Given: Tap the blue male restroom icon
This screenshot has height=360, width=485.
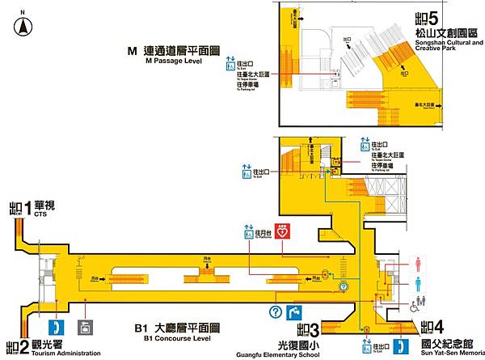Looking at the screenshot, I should pyautogui.click(x=417, y=284).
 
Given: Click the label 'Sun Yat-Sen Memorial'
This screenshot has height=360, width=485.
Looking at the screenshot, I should pyautogui.click(x=452, y=354).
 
